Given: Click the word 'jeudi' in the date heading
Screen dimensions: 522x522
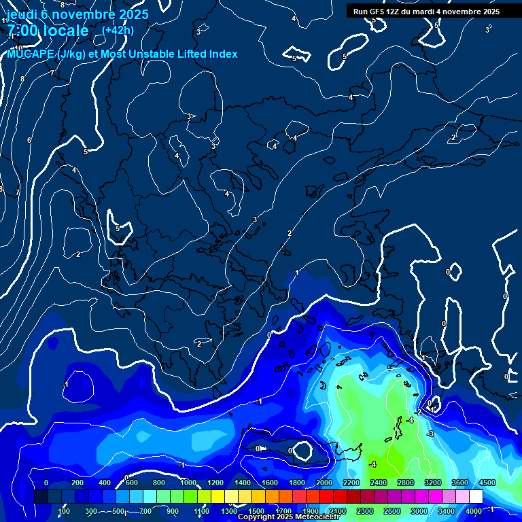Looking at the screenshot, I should [22, 14].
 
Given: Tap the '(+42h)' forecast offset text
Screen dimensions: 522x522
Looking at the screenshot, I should [118, 30].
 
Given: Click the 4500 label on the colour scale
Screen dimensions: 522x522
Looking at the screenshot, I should [487, 483].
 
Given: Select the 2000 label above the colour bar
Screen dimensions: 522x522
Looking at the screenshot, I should [324, 483].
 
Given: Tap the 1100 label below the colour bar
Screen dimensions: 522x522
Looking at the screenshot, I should [202, 511].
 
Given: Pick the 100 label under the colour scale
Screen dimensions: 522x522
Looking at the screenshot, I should [64, 511].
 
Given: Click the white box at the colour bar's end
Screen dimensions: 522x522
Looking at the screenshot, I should [476, 497].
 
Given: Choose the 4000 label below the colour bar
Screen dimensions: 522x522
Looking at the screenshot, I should [474, 511].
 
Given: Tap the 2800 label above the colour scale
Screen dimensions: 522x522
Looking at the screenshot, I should [406, 483].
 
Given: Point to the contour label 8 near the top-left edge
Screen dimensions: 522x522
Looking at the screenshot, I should [22, 79].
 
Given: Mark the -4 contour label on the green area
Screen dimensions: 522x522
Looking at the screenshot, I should [372, 464].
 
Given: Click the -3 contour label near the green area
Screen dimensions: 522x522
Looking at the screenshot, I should [430, 434].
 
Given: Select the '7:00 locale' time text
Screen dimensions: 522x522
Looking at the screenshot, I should [48, 31].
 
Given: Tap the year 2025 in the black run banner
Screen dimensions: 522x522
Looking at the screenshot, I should [488, 12].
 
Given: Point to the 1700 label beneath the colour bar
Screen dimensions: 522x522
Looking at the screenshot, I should [283, 511].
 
